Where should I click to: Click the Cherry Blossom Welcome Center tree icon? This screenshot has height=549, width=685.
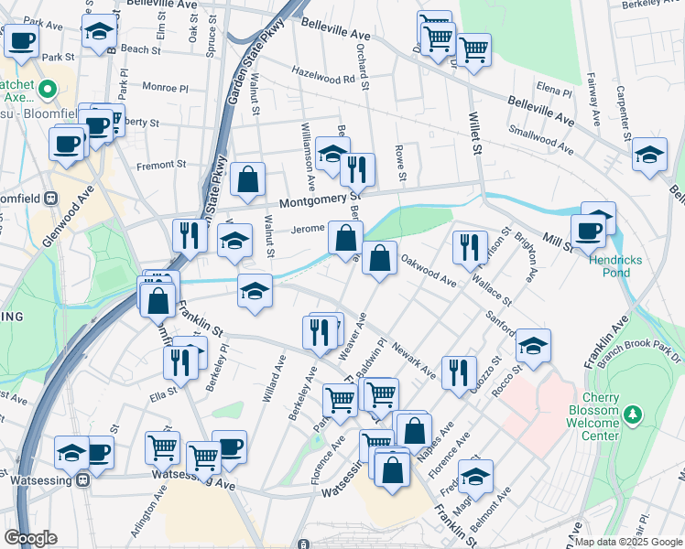click(632, 416)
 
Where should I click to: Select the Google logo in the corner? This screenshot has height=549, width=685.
click(30, 539)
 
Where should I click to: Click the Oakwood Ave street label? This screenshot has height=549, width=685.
click(429, 271)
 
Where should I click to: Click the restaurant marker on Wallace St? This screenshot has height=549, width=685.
click(468, 246)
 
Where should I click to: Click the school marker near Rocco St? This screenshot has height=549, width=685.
click(533, 345)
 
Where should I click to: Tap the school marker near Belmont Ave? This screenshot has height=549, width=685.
click(475, 476)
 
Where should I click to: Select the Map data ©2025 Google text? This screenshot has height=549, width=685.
click(627, 542)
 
